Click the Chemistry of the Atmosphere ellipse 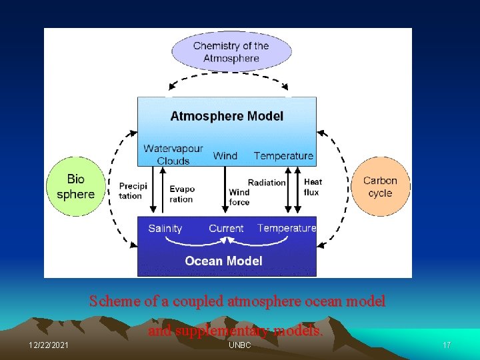click(231, 51)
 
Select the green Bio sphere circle click(75, 187)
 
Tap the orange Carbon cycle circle click(380, 187)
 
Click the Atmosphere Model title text click(227, 116)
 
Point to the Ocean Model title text click(223, 261)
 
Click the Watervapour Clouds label click(173, 155)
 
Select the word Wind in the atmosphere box click(225, 155)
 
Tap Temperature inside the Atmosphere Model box click(283, 155)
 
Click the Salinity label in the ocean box click(165, 228)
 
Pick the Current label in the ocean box click(226, 228)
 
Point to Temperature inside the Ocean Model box click(287, 228)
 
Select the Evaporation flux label click(181, 194)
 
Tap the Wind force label click(239, 197)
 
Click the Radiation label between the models click(267, 183)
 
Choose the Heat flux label click(312, 187)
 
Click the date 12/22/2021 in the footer click(48, 345)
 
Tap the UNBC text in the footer click(239, 345)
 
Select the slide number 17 click(447, 345)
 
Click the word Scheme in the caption click(114, 301)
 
